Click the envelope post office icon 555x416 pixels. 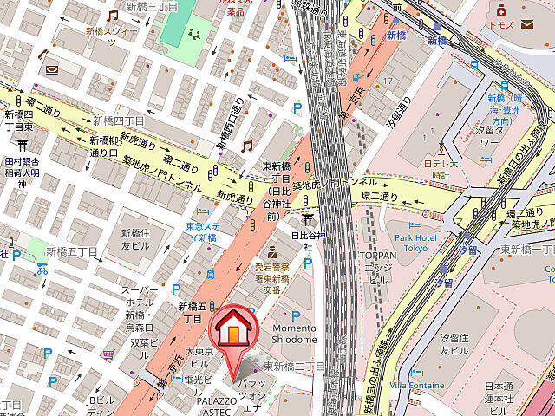[528, 23]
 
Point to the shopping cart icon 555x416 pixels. [108, 354]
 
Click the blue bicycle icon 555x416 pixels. [41, 269]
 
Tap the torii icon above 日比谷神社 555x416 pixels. [307, 223]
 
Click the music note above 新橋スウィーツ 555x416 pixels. [112, 16]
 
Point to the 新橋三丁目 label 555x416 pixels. [151, 6]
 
